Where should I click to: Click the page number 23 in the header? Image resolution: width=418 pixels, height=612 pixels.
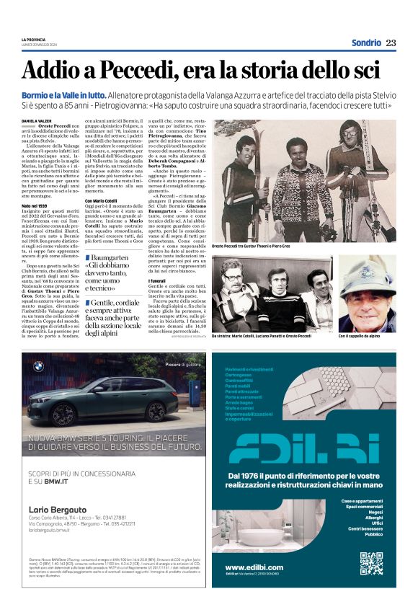pyautogui.click(x=391, y=43)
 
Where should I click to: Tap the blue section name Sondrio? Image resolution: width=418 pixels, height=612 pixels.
pyautogui.click(x=365, y=43)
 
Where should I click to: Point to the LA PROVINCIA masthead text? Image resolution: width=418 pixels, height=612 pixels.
pyautogui.click(x=35, y=39)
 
